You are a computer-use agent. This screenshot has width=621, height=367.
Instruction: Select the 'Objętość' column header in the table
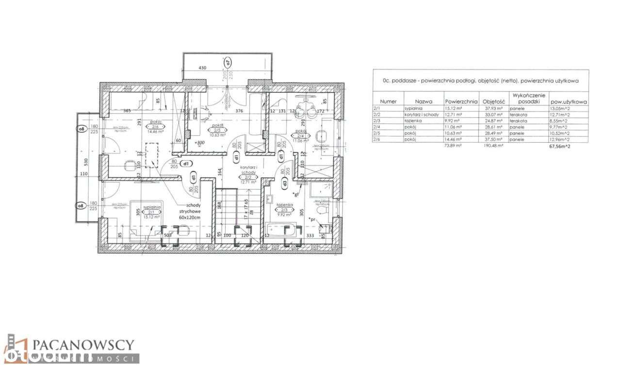[494, 102]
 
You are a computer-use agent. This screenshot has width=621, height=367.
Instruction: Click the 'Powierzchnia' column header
[461, 102]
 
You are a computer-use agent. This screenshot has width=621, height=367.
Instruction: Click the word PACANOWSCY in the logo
[83, 345]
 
